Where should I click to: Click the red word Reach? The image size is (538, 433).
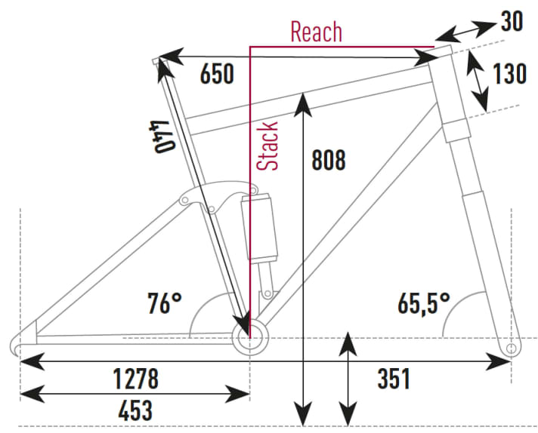click(316, 32)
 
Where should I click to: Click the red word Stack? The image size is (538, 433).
click(268, 146)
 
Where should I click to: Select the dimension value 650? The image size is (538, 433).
click(217, 74)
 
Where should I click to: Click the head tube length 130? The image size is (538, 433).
click(510, 74)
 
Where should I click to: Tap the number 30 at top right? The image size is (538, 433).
click(512, 22)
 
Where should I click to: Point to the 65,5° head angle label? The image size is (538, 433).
click(424, 304)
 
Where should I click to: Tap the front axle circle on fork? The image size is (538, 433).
click(512, 349)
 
